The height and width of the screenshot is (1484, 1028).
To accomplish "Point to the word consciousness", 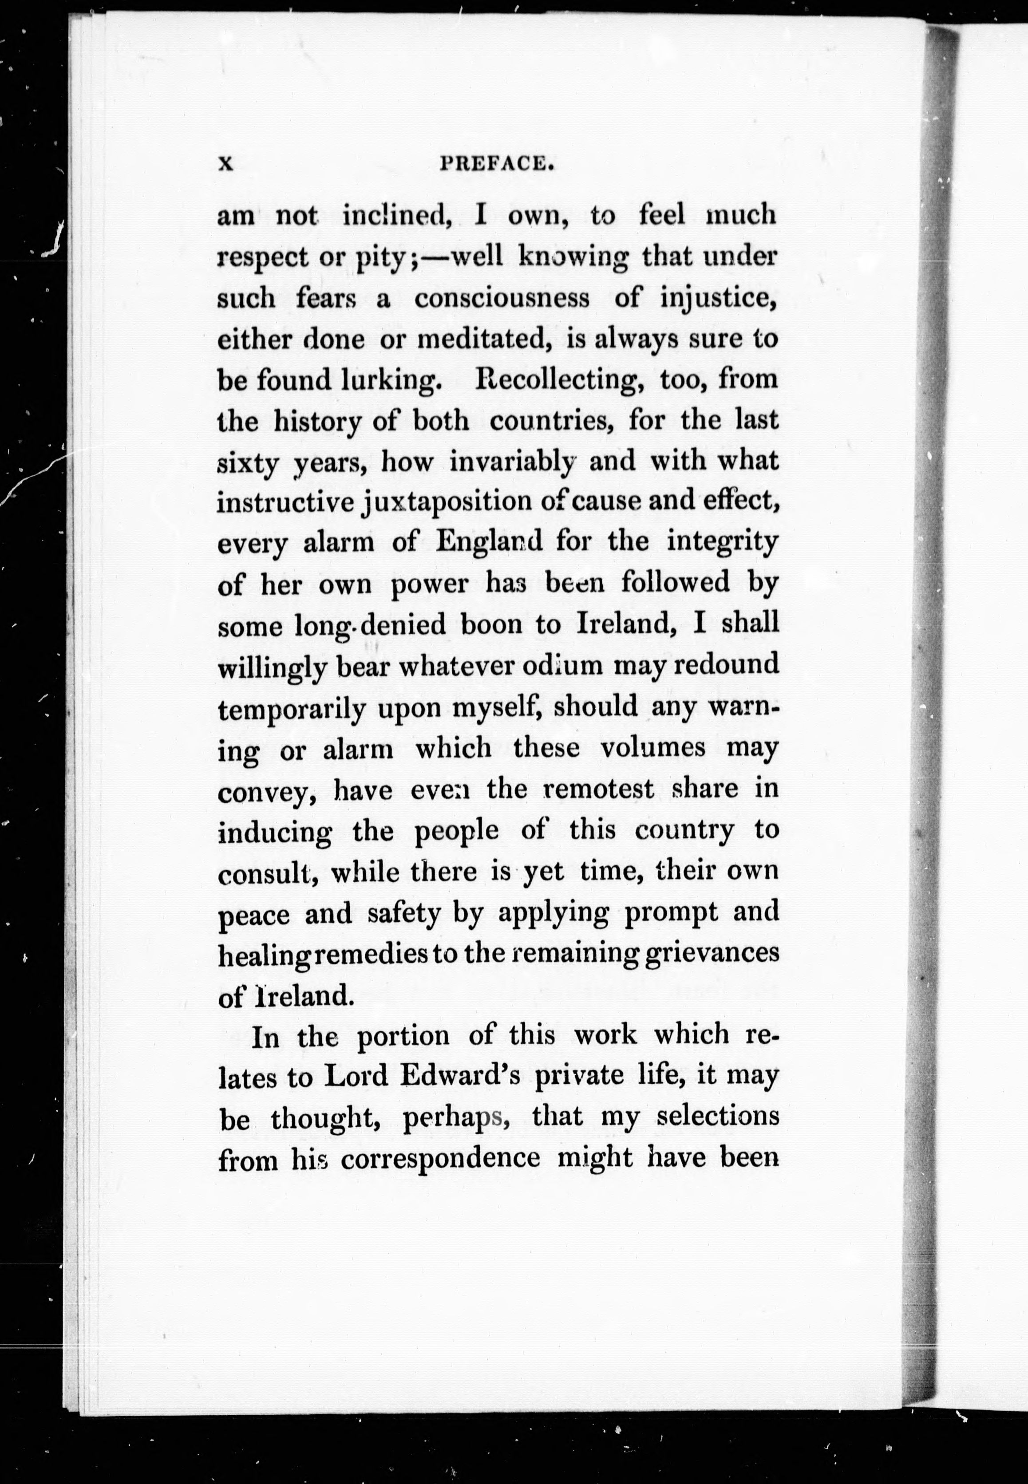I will coord(502,299).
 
